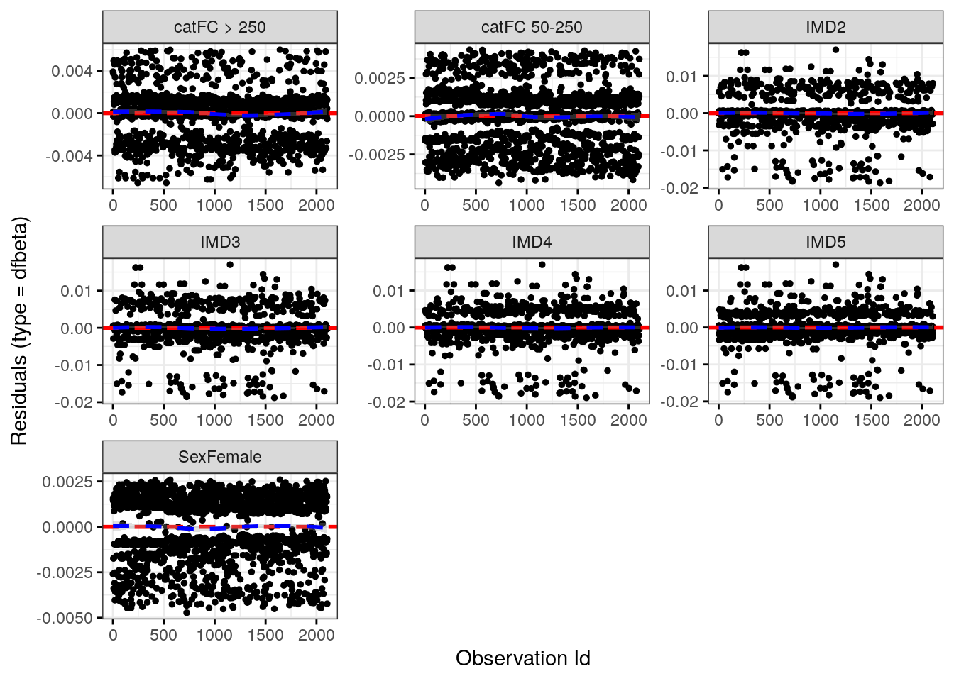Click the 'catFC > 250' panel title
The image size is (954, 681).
pyautogui.click(x=219, y=27)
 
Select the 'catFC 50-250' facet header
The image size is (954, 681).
pyautogui.click(x=532, y=27)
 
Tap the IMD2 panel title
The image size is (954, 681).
pyautogui.click(x=826, y=27)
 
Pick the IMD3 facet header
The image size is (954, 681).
pyautogui.click(x=219, y=242)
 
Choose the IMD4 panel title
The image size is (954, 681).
pyautogui.click(x=532, y=242)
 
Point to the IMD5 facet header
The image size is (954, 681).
pyautogui.click(x=826, y=242)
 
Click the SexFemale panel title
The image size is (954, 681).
pyautogui.click(x=219, y=457)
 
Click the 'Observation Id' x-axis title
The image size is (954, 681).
pyautogui.click(x=522, y=658)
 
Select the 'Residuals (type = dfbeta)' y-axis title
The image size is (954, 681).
pyautogui.click(x=19, y=331)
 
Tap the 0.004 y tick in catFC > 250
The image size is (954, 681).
pyautogui.click(x=72, y=71)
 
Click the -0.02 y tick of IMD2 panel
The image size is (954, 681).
pyautogui.click(x=680, y=188)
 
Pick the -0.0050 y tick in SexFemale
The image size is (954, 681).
pyautogui.click(x=65, y=618)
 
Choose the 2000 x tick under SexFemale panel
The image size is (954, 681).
pyautogui.click(x=316, y=635)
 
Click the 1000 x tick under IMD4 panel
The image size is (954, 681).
pyautogui.click(x=527, y=420)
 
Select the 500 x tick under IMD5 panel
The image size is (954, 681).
pyautogui.click(x=769, y=420)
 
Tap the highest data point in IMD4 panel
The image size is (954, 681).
pyautogui.click(x=542, y=265)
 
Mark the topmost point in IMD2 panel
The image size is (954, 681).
pyautogui.click(x=835, y=50)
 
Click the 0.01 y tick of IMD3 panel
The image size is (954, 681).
pyautogui.click(x=76, y=291)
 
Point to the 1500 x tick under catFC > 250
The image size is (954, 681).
pyautogui.click(x=265, y=205)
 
